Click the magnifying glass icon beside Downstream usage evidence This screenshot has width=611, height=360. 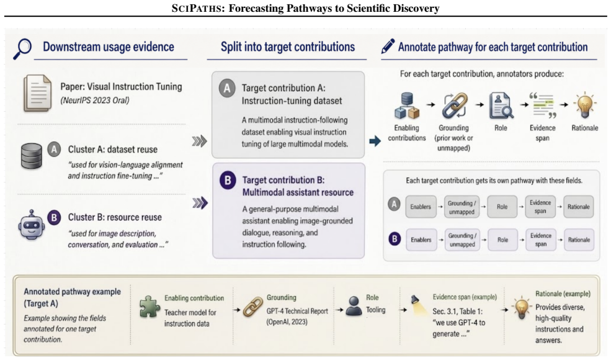22,48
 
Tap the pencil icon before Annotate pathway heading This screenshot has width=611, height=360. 388,46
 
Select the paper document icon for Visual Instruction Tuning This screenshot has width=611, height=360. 37,93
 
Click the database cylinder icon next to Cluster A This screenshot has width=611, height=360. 31,156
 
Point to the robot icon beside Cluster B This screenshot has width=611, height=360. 32,226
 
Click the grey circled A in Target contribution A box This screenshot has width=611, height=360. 227,89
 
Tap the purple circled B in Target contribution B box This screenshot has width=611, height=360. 228,181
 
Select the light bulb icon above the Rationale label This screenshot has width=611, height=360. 584,105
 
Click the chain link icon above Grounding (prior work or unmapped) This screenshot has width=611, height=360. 454,106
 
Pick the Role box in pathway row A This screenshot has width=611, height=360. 502,207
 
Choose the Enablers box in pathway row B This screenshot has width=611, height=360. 421,240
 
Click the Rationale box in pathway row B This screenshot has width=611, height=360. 579,240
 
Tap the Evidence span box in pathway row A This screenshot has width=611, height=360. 540,207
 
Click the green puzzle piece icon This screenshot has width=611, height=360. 149,307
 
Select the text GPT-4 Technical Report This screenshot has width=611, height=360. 297,311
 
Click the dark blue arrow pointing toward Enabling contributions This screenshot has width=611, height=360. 375,141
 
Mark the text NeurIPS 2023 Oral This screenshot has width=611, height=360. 95,100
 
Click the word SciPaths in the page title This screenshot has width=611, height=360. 196,8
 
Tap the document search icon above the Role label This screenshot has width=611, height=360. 501,105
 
